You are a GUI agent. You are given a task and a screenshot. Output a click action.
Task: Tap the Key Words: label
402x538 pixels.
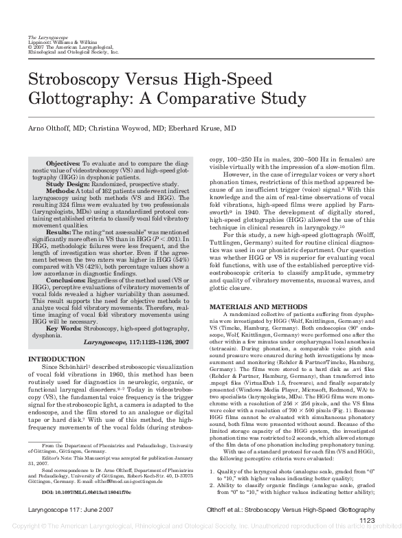click(x=65, y=327)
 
